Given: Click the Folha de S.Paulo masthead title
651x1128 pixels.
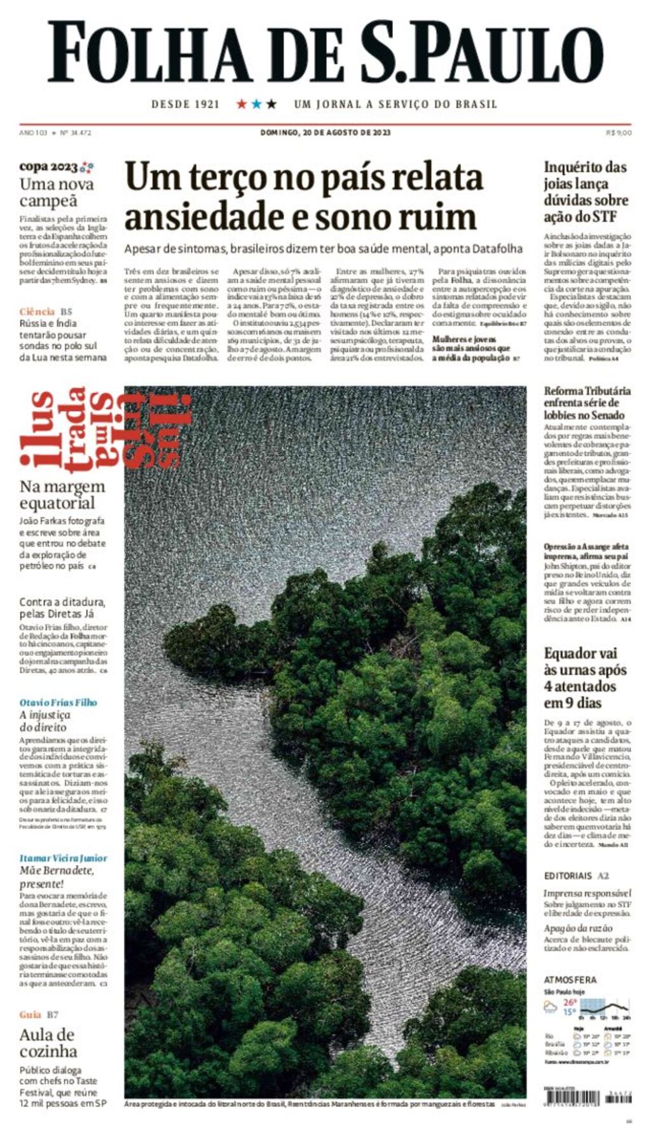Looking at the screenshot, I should pos(325,53).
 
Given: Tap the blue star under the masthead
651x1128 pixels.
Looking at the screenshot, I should pos(256,104).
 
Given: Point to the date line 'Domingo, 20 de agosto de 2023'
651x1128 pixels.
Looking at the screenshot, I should pos(325,133).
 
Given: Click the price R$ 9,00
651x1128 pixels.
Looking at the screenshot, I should pos(619,133).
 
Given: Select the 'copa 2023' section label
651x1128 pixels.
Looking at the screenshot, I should pos(48,167).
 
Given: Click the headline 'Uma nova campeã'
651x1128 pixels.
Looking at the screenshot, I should pos(57,193).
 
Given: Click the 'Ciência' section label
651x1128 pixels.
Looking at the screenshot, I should pos(37,312).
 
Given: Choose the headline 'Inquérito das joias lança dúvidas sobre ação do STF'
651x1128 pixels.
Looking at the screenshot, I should pos(586,191).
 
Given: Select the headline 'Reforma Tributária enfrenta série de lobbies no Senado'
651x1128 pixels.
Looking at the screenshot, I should pos(587,403).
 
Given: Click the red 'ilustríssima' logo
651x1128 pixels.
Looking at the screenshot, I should pos(105,431).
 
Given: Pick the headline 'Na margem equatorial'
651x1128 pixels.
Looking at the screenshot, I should pos(62,494).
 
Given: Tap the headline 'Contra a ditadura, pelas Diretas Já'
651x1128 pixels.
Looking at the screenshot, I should pos(62,608).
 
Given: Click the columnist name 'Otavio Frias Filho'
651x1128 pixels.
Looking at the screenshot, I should pos(58,702).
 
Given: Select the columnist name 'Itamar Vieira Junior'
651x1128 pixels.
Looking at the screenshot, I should pos(63,858).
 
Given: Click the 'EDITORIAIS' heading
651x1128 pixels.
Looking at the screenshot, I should pos(568,876).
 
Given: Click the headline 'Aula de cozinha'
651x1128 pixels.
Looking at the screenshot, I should pos(48,1043).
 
